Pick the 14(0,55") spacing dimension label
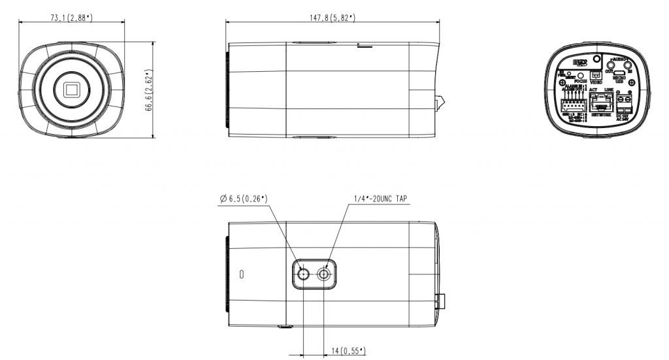pyautogui.click(x=348, y=352)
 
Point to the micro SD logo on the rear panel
pyautogui.click(x=579, y=63)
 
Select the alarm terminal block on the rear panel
pyautogui.click(x=573, y=105)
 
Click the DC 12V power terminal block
pyautogui.click(x=625, y=102)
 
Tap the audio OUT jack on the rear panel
pyautogui.click(x=610, y=63)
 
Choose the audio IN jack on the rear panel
pyautogui.click(x=628, y=63)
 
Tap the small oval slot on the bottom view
pyautogui.click(x=241, y=274)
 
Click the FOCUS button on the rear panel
pyautogui.click(x=580, y=75)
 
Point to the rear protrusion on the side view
pyautogui.click(x=440, y=103)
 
